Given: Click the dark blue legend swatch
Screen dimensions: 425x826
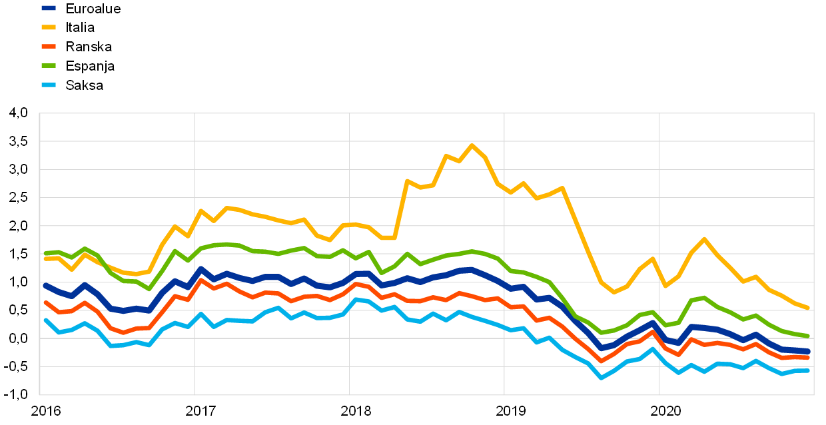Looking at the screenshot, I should (x=49, y=8).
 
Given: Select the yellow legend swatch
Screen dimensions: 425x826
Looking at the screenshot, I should (x=49, y=27).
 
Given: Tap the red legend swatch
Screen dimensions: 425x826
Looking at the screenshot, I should (x=49, y=47).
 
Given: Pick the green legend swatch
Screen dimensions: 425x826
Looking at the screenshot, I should (x=49, y=65).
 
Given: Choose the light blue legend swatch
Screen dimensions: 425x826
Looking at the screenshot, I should (x=49, y=85).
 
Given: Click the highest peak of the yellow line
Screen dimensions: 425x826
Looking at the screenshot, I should (x=472, y=145).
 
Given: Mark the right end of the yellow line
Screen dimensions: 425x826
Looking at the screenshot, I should (x=808, y=308).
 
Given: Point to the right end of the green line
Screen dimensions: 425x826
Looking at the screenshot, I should (x=808, y=336).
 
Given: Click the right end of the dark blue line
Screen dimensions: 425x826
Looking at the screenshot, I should (x=808, y=351).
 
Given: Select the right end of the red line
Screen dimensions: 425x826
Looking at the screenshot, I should (x=808, y=358).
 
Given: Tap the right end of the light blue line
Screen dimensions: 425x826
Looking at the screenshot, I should (x=808, y=370).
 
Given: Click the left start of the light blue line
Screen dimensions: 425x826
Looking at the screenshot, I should (x=45, y=320).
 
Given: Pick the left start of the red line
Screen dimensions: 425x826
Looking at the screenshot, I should (x=45, y=302).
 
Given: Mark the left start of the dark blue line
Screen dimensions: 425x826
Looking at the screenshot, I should (x=45, y=285).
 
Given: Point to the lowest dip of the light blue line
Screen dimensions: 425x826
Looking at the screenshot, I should (x=601, y=378).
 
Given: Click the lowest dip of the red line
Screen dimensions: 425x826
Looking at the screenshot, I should (x=601, y=362).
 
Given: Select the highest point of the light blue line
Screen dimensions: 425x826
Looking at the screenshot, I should (x=356, y=299).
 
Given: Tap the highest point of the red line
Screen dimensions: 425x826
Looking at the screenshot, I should (x=201, y=280).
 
